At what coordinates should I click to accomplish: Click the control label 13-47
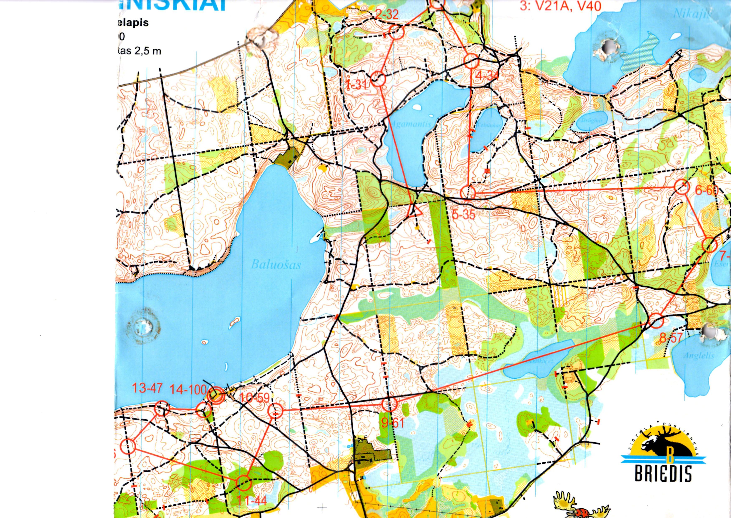147,389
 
